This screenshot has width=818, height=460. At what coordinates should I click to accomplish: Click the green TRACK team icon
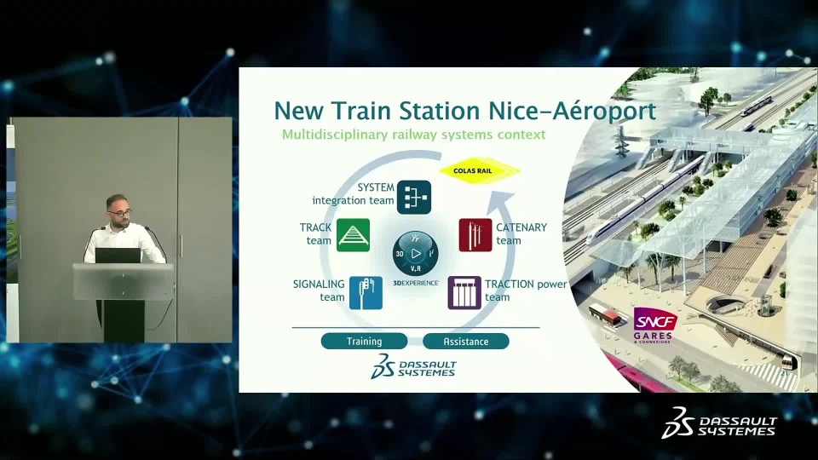pos(353,235)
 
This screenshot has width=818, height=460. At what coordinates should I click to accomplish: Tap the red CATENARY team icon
pos(475,235)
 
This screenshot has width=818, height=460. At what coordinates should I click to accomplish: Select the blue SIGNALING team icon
pos(366,292)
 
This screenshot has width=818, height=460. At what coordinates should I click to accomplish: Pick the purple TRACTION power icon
pos(464,292)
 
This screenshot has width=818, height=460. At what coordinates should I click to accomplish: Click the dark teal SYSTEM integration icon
pos(414,197)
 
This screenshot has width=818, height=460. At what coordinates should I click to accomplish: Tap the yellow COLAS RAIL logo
pos(480,170)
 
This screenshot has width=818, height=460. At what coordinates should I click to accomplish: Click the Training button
pos(364,341)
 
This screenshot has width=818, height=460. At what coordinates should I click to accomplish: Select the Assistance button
pos(466,341)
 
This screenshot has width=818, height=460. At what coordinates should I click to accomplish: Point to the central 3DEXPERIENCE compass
pos(415,254)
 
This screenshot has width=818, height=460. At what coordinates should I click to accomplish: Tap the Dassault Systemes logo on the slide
pos(413,366)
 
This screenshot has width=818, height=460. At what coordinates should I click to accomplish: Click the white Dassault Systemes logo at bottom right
pos(719,423)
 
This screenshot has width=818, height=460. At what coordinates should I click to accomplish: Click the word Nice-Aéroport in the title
pos(573,111)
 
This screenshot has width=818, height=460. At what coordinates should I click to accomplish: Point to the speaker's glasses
pos(120,212)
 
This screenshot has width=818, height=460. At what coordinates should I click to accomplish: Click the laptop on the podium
pos(118,256)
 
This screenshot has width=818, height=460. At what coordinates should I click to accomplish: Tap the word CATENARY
pos(521,227)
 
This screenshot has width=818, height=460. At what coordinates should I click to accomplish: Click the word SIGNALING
pos(319,285)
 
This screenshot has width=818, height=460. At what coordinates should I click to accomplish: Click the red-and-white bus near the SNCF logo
pos(603,314)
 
